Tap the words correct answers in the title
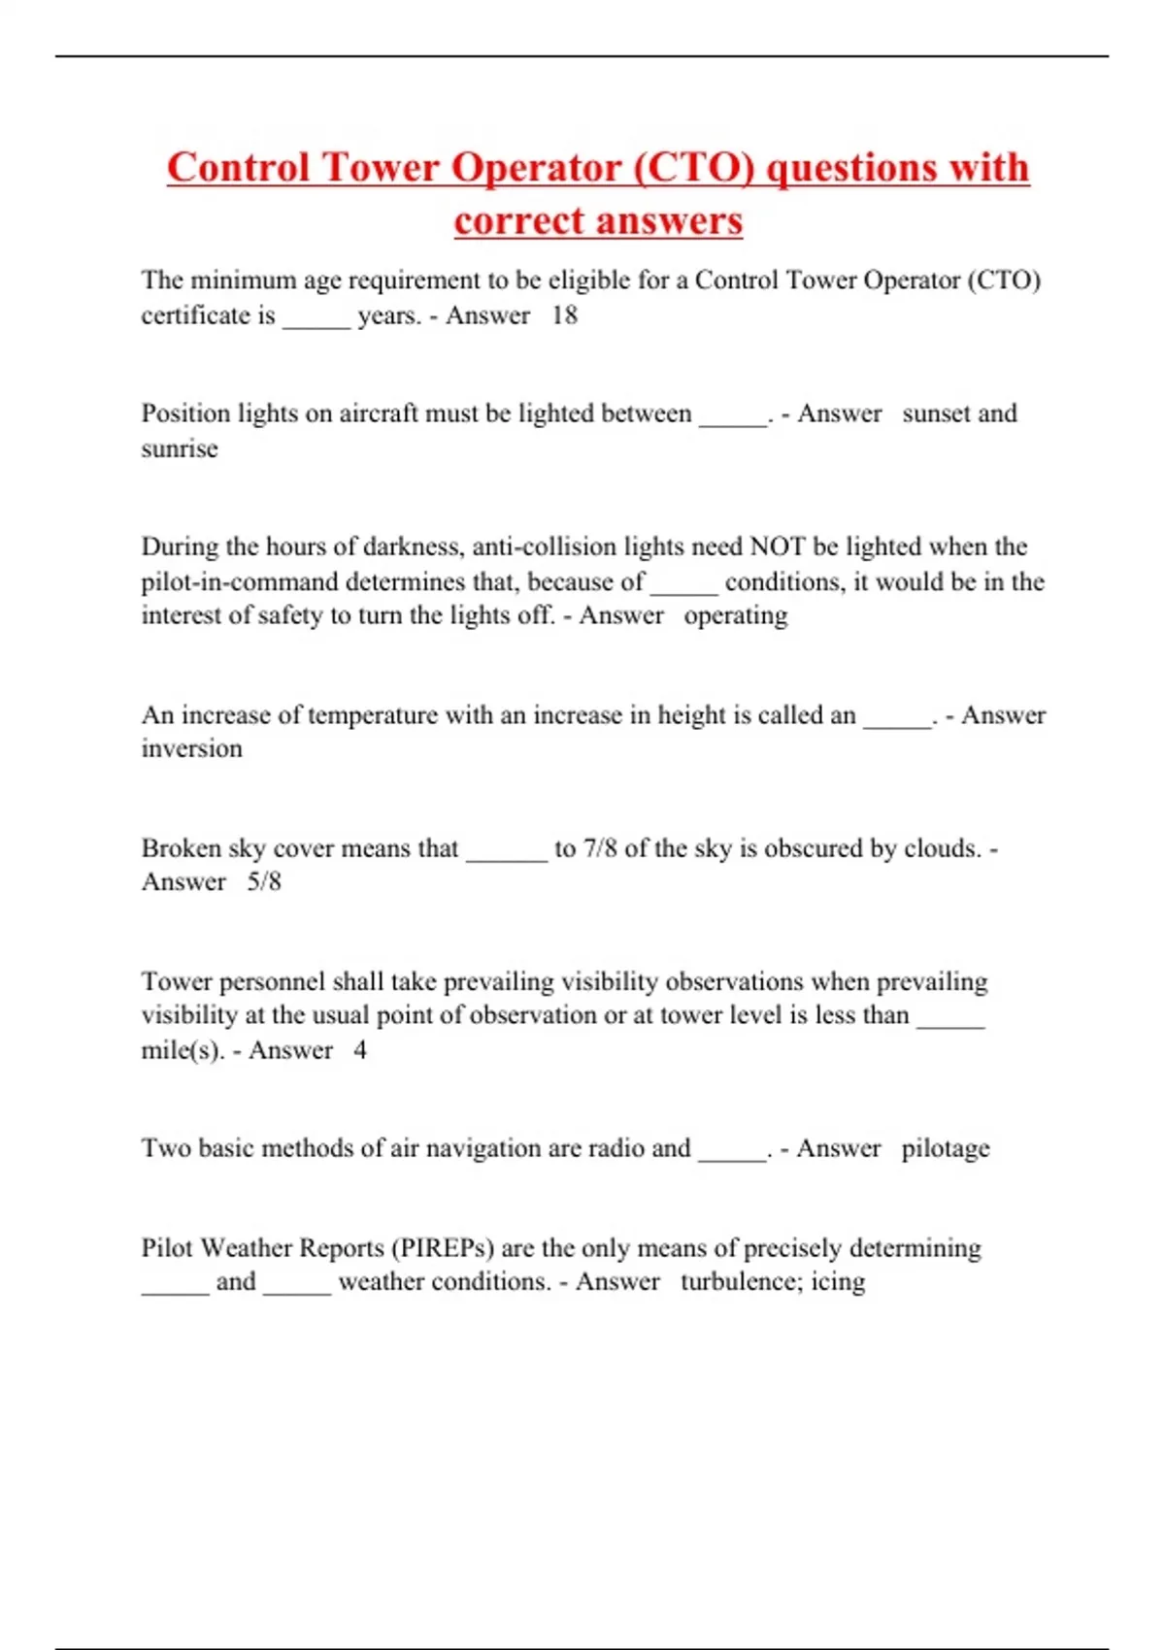(598, 220)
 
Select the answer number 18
(564, 315)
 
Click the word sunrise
(180, 448)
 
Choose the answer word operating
(735, 615)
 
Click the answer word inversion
(191, 748)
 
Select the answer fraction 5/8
(264, 881)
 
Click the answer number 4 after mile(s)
(360, 1050)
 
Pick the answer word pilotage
(945, 1148)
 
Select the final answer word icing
(838, 1282)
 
